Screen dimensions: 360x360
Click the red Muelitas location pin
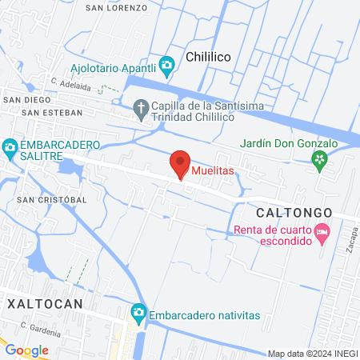(x=180, y=163)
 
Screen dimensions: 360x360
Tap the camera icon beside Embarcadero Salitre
(x=10, y=147)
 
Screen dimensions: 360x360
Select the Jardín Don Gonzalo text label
(x=290, y=143)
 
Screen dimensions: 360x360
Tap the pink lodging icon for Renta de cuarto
(x=322, y=234)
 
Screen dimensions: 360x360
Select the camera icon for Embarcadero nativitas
(x=138, y=312)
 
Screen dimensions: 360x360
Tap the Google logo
(x=26, y=350)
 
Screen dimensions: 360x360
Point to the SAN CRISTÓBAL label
(x=51, y=199)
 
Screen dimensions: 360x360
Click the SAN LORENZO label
(x=117, y=7)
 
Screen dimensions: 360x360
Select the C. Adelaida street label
(x=70, y=83)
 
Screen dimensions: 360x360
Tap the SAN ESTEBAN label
(x=51, y=113)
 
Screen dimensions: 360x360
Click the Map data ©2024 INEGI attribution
(x=312, y=354)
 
